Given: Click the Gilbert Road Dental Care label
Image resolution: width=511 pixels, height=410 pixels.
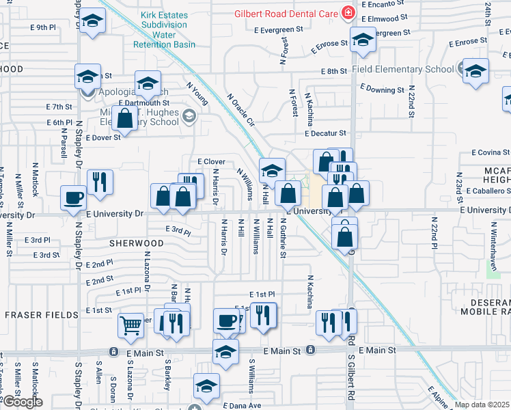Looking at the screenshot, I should [x=286, y=13].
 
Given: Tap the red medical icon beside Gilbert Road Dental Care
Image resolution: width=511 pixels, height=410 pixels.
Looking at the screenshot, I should [x=348, y=12].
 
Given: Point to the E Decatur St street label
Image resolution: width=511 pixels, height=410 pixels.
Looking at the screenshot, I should [x=325, y=134].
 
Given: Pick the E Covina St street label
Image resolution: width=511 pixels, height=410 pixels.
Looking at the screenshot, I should [x=489, y=152].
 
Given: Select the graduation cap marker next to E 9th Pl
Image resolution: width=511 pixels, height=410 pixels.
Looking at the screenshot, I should [x=92, y=23].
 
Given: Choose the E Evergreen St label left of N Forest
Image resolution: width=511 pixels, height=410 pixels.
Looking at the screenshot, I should [x=278, y=29].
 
